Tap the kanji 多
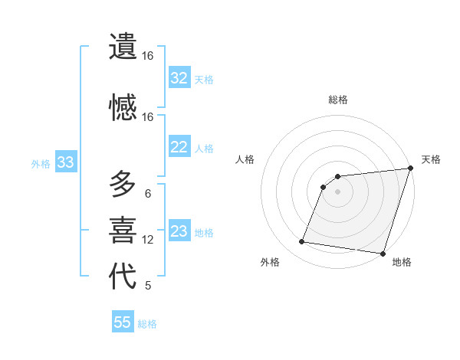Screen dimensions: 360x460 tap(123, 185)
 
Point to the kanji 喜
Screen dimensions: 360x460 tap(123, 230)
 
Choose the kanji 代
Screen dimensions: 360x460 tap(123, 277)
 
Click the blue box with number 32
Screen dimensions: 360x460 tap(179, 78)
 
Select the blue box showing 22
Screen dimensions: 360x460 tap(179, 147)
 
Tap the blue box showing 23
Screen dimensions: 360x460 tap(179, 231)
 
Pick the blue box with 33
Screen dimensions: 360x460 tap(65, 162)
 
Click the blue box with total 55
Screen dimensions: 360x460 tap(123, 322)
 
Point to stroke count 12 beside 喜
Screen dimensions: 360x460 tap(148, 240)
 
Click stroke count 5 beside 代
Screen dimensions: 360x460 tap(148, 286)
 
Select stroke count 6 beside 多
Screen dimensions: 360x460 tap(148, 194)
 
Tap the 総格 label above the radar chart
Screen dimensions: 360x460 tap(338, 100)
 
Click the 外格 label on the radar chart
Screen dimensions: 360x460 tap(270, 262)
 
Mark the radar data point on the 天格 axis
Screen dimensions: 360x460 tap(410, 169)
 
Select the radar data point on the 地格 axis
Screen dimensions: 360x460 tap(383, 253)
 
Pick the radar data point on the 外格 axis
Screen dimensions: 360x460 tap(302, 242)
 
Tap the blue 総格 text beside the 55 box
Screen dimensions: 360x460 tap(147, 324)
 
